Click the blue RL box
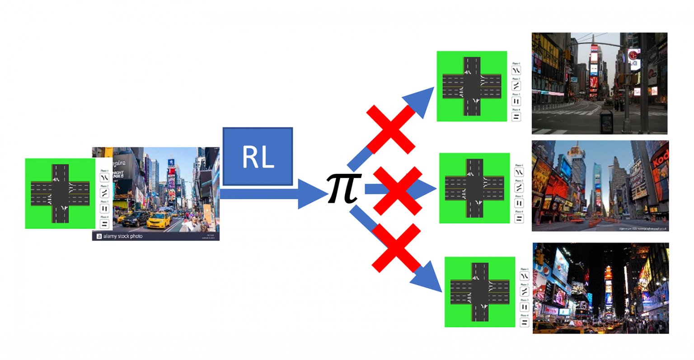pyautogui.click(x=258, y=157)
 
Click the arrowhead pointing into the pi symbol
pyautogui.click(x=312, y=194)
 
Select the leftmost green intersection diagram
pyautogui.click(x=60, y=193)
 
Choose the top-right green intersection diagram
pyautogui.click(x=472, y=86)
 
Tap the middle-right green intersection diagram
pyautogui.click(x=474, y=188)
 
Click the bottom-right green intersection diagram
pyautogui.click(x=480, y=292)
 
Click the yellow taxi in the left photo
pyautogui.click(x=159, y=220)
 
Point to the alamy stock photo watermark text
pyautogui.click(x=122, y=236)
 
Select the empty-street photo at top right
pyautogui.click(x=599, y=83)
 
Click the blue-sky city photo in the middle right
pyautogui.click(x=600, y=186)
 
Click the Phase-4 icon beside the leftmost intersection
pyautogui.click(x=104, y=224)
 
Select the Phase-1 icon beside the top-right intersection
pyautogui.click(x=516, y=70)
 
